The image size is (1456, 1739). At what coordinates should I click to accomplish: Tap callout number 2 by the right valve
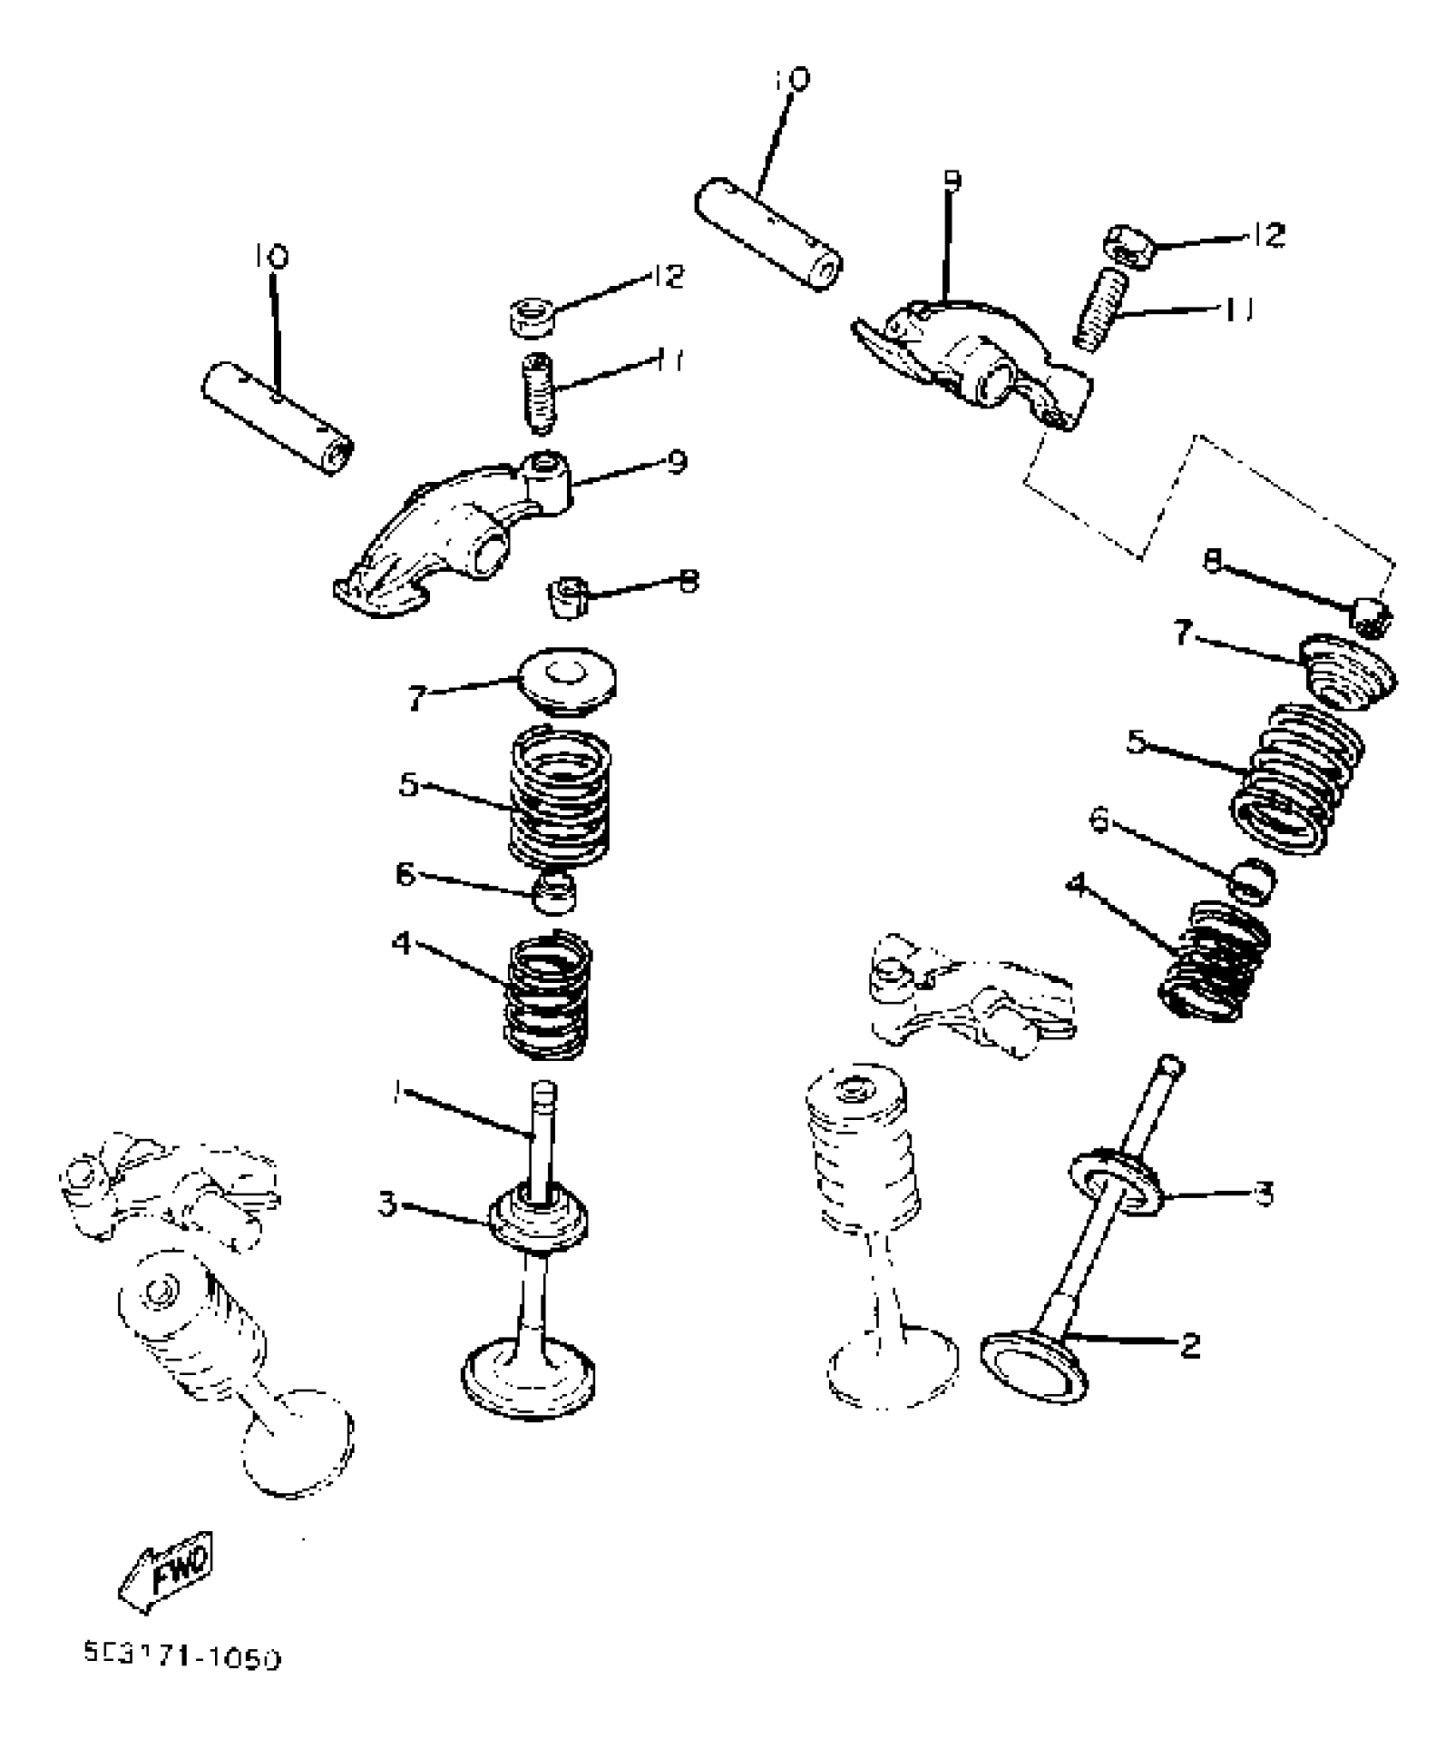(1189, 1346)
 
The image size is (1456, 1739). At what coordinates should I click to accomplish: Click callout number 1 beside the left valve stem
(397, 1091)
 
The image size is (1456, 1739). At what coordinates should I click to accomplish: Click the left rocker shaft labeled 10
(278, 414)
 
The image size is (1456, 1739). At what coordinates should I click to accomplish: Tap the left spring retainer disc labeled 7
(562, 681)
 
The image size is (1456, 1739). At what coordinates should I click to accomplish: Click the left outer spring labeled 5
(560, 795)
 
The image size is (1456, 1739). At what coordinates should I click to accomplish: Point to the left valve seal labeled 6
(554, 892)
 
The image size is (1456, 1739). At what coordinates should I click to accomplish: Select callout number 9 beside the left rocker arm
(677, 462)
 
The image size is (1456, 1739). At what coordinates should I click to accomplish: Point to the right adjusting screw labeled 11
(1099, 308)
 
